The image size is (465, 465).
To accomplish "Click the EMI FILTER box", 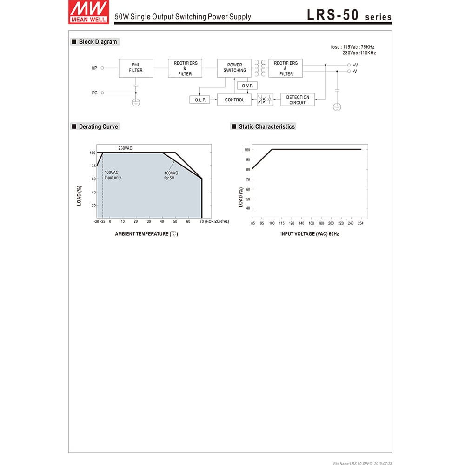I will click(136, 68).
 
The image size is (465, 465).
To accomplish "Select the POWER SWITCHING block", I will click(234, 68).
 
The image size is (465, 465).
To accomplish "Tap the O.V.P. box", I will click(246, 86).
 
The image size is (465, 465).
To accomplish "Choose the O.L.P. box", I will click(200, 100).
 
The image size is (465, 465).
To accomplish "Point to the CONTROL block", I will click(234, 100).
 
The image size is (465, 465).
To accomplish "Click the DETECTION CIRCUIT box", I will click(298, 100).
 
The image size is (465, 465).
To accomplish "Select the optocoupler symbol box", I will click(265, 100).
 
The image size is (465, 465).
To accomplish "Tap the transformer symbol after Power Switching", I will click(260, 68).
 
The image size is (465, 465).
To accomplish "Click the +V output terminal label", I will click(355, 65).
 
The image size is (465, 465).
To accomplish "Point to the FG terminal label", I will click(94, 93).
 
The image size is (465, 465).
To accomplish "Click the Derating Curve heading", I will click(98, 126).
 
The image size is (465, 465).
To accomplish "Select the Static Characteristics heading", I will click(266, 126).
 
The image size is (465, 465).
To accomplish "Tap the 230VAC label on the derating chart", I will click(126, 148).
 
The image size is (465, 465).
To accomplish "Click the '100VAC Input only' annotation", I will click(112, 175).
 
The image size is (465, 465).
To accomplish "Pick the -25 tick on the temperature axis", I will click(102, 222).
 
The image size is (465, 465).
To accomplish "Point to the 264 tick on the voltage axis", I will click(360, 224).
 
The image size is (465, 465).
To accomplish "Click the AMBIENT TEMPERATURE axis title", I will click(146, 234).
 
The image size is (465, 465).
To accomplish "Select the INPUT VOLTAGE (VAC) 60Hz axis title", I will click(309, 234).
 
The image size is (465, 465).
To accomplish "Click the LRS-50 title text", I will click(333, 15).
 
